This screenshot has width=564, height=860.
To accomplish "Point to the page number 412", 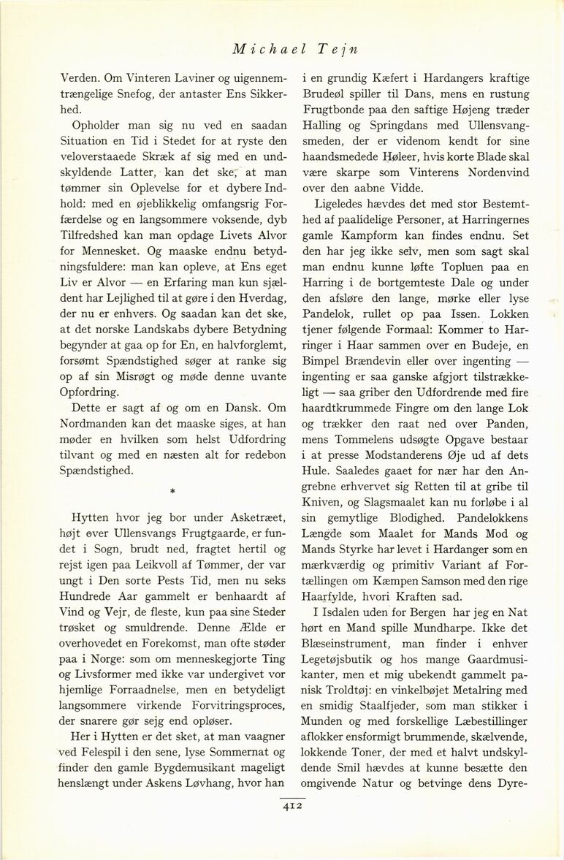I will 292,807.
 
